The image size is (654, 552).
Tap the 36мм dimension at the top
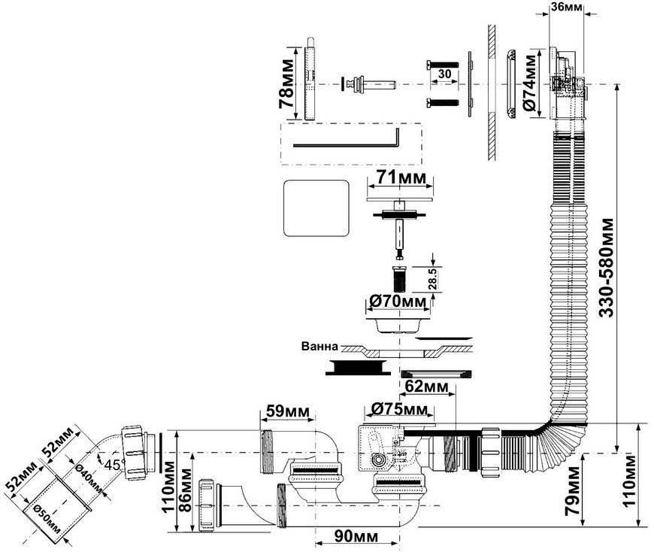tap(567, 6)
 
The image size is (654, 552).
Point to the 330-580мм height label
tap(607, 268)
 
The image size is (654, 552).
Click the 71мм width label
tap(401, 177)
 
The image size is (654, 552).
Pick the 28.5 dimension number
tap(432, 279)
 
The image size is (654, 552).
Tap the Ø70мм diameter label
tap(398, 301)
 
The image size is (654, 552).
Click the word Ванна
tap(319, 346)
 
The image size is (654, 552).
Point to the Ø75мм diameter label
tap(399, 409)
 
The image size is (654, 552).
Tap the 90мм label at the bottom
tap(356, 536)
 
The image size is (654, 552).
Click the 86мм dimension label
tap(185, 490)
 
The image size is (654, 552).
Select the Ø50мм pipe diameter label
tap(47, 520)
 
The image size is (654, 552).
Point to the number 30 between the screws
tap(445, 74)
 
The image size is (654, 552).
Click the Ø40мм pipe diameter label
tap(89, 478)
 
